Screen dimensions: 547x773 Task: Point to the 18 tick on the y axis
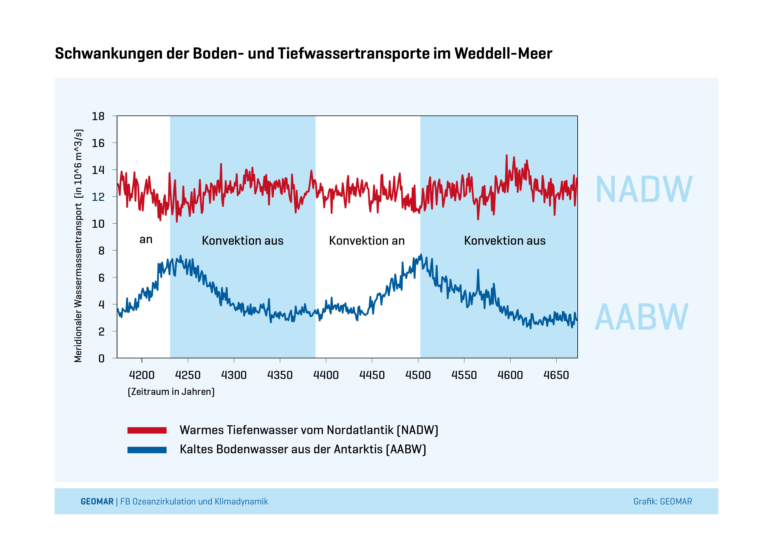(x=98, y=116)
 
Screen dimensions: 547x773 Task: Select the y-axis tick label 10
(x=98, y=224)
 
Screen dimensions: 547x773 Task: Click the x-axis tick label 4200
(x=142, y=375)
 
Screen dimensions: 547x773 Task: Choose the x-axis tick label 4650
(x=556, y=375)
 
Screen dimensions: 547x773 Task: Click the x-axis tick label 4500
(x=418, y=375)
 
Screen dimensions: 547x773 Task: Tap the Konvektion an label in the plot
(x=367, y=241)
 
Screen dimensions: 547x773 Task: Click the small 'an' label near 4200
(x=146, y=239)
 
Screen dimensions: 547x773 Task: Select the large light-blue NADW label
(x=644, y=190)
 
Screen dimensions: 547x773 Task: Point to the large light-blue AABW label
(x=642, y=317)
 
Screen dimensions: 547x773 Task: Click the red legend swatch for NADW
(x=147, y=430)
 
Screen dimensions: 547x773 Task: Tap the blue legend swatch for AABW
(x=147, y=450)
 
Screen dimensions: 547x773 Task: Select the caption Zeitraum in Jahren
(x=171, y=392)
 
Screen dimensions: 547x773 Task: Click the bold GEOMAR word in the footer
(x=97, y=502)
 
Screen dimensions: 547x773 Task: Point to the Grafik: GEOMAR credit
(x=663, y=502)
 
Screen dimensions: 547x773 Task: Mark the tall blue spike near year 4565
(x=478, y=271)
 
